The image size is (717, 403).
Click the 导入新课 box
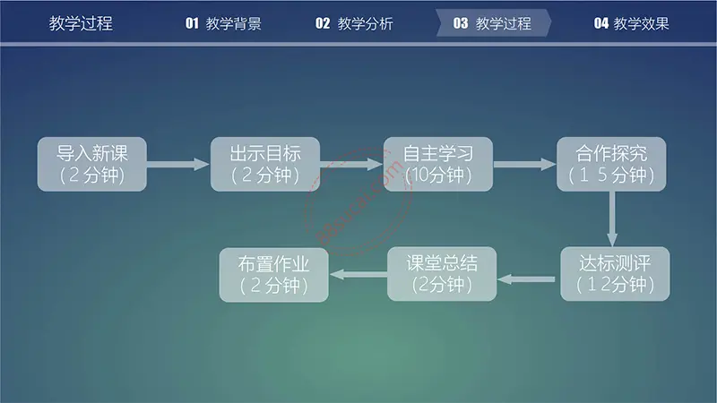92,164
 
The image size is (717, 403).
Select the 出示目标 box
265,164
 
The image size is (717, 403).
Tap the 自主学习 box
438,164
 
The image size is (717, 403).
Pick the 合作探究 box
611,164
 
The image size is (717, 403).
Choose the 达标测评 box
615,274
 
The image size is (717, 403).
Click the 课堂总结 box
442,274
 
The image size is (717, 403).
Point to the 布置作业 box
274,275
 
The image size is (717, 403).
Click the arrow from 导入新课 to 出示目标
178,165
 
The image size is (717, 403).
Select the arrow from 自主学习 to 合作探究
525,165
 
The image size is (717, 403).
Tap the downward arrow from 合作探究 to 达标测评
612,219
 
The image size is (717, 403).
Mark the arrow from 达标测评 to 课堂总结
526,279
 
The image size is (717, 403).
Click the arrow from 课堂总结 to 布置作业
358,274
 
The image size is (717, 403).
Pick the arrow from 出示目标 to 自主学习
351,165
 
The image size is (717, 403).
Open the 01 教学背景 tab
223,23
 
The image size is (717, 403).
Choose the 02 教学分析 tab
354,23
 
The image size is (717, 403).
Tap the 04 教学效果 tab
632,23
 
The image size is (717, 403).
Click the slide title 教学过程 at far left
81,23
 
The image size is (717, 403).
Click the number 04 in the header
600,23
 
